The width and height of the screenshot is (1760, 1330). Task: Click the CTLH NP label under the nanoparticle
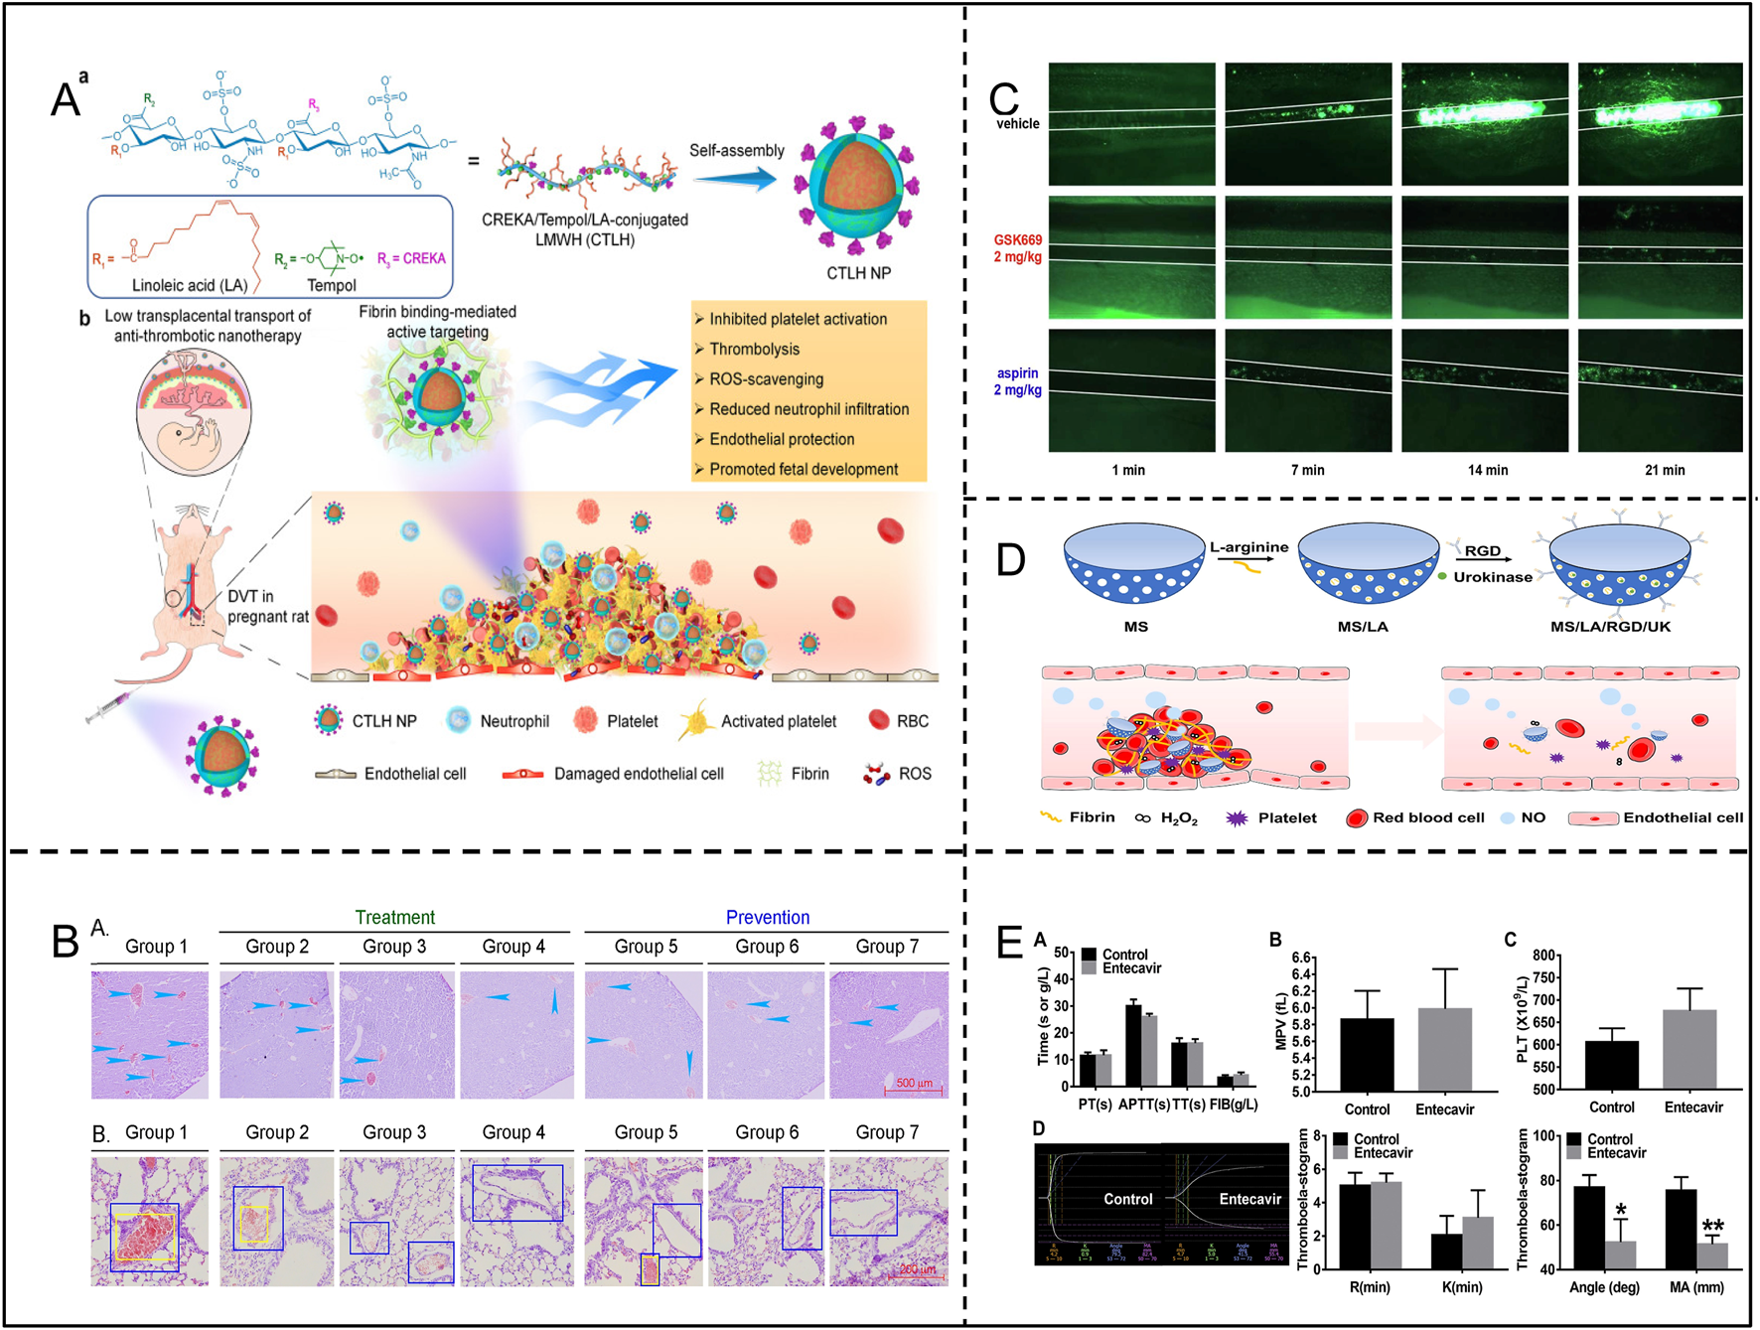pyautogui.click(x=858, y=273)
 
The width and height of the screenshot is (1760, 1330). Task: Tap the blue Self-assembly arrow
pyautogui.click(x=734, y=179)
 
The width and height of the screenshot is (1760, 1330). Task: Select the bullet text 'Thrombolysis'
pyautogui.click(x=754, y=350)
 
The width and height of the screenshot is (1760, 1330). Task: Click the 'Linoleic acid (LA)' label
pyautogui.click(x=190, y=285)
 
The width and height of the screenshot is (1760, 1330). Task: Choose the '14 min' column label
pyautogui.click(x=1487, y=470)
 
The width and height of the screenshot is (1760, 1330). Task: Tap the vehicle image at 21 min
pyautogui.click(x=1660, y=124)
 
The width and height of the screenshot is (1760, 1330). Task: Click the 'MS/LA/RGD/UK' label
pyautogui.click(x=1610, y=627)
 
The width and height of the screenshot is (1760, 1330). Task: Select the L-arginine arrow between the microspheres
pyautogui.click(x=1249, y=562)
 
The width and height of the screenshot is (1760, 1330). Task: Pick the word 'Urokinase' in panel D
pyautogui.click(x=1493, y=577)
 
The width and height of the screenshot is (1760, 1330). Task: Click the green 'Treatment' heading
pyautogui.click(x=394, y=917)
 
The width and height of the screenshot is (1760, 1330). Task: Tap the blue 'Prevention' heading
pyautogui.click(x=767, y=917)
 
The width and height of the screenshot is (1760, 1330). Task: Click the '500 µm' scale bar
pyautogui.click(x=914, y=1090)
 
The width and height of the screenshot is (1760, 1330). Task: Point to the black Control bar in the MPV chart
pyautogui.click(x=1367, y=1054)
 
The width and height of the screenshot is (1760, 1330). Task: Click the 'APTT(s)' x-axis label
pyautogui.click(x=1143, y=1105)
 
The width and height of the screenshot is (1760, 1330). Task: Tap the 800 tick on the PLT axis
pyautogui.click(x=1542, y=956)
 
